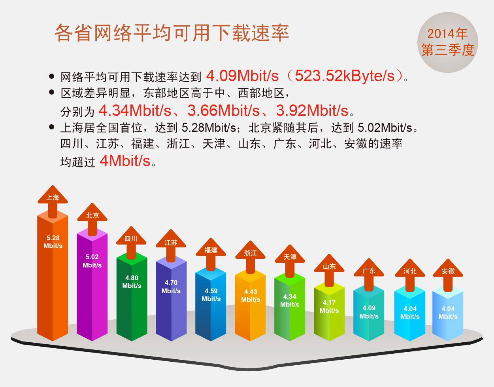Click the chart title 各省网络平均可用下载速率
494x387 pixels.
172,33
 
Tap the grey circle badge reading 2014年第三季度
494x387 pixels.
448,42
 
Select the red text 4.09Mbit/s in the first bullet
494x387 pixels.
242,76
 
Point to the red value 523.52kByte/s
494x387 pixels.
344,76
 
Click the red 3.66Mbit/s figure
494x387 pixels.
223,110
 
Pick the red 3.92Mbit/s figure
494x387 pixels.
312,110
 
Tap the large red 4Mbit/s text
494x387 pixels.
125,161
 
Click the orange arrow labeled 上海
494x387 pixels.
53,201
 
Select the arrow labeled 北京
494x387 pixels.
92,219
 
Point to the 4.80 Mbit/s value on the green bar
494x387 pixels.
132,282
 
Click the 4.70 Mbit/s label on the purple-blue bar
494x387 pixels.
171,286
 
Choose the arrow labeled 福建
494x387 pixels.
211,254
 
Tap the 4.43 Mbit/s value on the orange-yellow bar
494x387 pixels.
251,296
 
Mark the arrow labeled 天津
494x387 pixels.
290,261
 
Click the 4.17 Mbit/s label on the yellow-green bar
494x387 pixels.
329,306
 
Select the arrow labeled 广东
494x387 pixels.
369,275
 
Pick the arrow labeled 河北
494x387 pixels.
410,275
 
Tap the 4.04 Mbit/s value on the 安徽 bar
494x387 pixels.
448,313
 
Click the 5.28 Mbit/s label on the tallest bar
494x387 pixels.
53,242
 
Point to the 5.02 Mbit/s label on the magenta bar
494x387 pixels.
92,261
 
